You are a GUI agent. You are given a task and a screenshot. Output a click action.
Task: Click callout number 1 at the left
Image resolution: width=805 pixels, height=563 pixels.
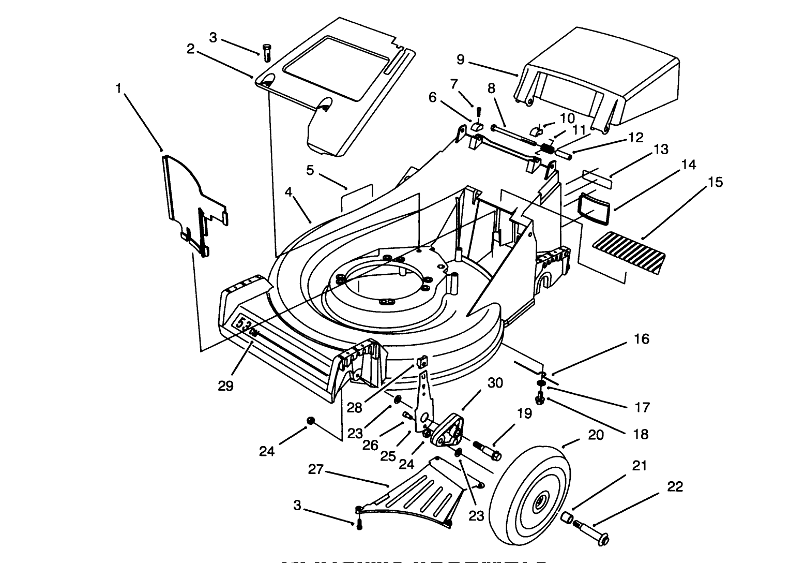tap(119, 89)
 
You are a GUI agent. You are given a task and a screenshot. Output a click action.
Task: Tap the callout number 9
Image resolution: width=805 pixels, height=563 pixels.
tap(461, 60)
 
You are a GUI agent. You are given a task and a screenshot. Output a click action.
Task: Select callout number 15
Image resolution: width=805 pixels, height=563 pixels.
tap(716, 182)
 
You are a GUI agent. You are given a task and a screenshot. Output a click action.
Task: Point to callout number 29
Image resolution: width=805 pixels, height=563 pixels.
tap(226, 386)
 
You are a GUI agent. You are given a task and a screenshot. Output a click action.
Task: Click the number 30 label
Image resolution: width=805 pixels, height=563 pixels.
tap(495, 383)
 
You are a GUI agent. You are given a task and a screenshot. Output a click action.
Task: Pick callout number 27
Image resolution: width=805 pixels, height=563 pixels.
tap(316, 469)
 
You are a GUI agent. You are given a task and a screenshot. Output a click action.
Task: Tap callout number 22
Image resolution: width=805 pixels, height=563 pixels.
tap(675, 486)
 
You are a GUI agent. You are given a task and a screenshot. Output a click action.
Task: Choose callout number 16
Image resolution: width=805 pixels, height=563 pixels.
tap(641, 339)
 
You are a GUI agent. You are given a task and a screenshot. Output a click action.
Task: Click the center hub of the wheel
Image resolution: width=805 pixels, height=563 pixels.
tap(540, 500)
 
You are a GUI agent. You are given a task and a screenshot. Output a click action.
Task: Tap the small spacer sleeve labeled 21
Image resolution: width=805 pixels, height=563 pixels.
tap(568, 517)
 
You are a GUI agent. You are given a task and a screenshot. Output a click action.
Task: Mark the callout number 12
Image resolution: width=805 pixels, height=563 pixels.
tap(636, 138)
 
